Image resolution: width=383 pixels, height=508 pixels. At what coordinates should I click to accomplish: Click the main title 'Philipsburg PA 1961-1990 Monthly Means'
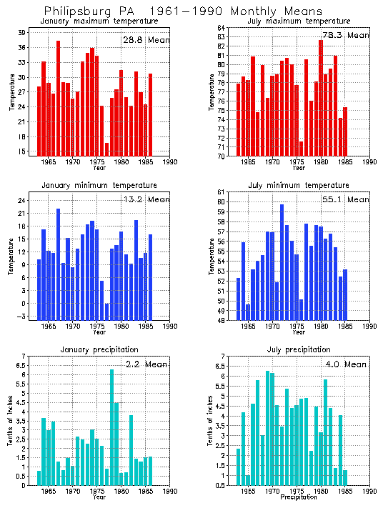click(x=182, y=11)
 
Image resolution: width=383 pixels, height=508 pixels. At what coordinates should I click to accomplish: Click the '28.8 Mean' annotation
click(x=146, y=40)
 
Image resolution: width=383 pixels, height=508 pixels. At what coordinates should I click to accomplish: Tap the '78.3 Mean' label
click(x=346, y=35)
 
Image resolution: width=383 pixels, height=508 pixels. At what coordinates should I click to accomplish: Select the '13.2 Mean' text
click(x=146, y=199)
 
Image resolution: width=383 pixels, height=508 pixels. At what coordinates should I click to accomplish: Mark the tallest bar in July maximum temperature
click(x=321, y=97)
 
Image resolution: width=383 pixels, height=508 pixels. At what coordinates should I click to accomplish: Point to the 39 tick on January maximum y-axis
click(x=22, y=32)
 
